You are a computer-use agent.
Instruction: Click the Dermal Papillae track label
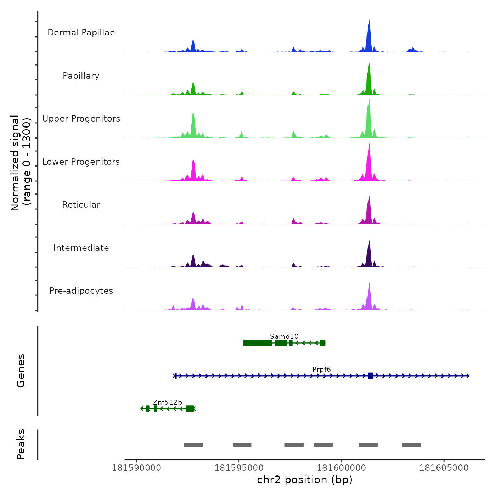point(81,33)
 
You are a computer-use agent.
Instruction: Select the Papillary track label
point(81,76)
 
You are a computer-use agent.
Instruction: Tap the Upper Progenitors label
point(81,119)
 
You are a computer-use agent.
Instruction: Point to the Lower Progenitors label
point(81,162)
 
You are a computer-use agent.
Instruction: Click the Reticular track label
point(81,205)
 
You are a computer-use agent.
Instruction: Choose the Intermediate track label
point(81,248)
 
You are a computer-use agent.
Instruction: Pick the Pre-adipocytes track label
point(81,291)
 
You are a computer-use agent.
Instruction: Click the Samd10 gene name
point(284,336)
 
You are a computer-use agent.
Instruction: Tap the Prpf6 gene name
point(321,369)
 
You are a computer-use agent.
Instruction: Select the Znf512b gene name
point(167,402)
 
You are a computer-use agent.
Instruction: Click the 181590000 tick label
point(136,468)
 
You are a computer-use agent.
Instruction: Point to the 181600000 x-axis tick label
point(342,468)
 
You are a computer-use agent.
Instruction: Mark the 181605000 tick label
point(444,468)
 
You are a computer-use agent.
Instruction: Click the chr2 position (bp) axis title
point(305,480)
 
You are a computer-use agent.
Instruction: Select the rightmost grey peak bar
point(411,445)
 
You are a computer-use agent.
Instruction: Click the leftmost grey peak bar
point(193,445)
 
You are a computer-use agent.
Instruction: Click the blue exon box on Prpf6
point(371,376)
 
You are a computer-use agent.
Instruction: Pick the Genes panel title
point(21,371)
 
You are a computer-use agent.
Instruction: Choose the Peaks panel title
point(21,444)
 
